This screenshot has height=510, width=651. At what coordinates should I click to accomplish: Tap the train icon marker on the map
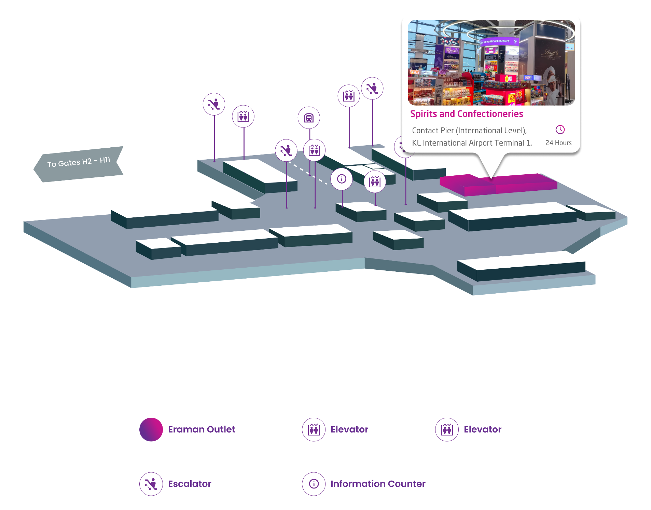pyautogui.click(x=309, y=118)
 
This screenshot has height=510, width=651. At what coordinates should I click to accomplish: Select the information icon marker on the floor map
pyautogui.click(x=342, y=179)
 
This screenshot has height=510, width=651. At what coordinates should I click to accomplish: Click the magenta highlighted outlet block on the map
pyautogui.click(x=499, y=185)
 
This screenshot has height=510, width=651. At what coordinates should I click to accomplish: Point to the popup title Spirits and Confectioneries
pyautogui.click(x=467, y=114)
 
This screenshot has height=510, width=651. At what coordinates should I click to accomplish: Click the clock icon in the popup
pyautogui.click(x=560, y=130)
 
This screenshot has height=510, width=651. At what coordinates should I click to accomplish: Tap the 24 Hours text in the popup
pyautogui.click(x=558, y=143)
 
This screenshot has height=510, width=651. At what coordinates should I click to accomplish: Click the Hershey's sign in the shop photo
pyautogui.click(x=491, y=57)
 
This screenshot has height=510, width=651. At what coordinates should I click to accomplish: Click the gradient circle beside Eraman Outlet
pyautogui.click(x=151, y=429)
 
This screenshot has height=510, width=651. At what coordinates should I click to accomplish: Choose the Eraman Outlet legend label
pyautogui.click(x=202, y=429)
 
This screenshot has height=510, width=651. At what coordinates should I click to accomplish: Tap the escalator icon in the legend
pyautogui.click(x=151, y=484)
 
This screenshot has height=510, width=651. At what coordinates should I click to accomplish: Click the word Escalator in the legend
pyautogui.click(x=190, y=484)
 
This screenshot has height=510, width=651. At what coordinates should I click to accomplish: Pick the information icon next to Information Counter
pyautogui.click(x=314, y=484)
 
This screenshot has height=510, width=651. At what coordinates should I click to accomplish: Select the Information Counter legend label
pyautogui.click(x=378, y=484)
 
